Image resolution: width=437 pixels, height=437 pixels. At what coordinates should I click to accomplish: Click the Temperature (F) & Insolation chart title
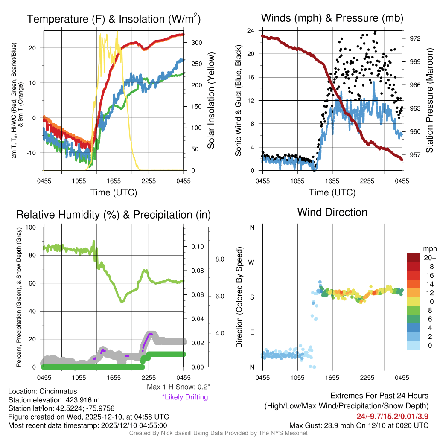tap(114, 19)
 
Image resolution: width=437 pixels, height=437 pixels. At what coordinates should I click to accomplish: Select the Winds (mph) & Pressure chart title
tap(332, 18)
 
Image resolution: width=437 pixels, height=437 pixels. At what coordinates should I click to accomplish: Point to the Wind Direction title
tap(332, 212)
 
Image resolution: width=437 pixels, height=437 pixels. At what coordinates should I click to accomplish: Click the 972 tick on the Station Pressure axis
tap(415, 38)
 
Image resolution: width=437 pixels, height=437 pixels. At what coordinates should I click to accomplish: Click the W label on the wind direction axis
tap(252, 262)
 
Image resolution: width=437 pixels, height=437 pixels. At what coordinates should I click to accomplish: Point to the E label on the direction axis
tap(252, 332)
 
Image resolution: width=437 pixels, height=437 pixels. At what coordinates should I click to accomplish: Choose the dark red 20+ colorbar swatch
tap(414, 258)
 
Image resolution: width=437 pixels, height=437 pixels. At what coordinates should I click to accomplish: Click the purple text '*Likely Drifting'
tap(185, 397)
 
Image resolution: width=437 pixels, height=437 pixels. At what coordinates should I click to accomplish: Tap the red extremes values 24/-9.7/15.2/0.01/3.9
tap(392, 416)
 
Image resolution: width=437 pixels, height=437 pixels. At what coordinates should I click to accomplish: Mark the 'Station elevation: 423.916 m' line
tap(54, 400)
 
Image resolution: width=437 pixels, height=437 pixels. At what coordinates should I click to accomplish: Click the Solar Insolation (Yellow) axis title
tap(211, 101)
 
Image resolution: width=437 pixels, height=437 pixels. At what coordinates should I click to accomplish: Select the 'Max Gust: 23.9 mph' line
tap(358, 425)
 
